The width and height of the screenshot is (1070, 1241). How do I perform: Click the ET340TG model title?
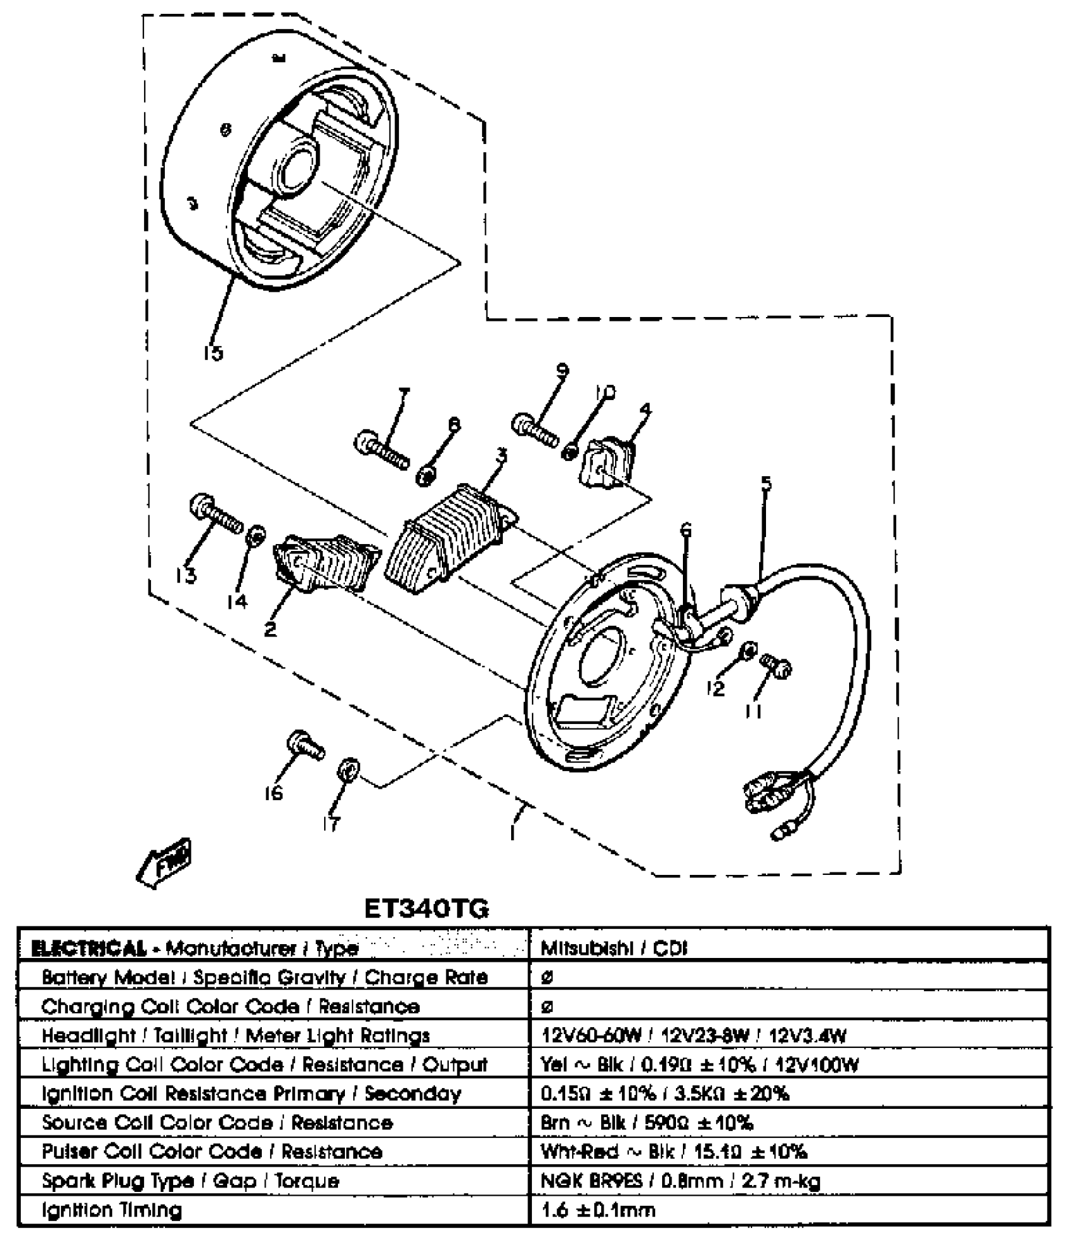tap(426, 910)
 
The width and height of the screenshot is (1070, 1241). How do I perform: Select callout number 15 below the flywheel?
tap(213, 353)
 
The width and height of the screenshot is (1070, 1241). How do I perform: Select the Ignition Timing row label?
tap(111, 1210)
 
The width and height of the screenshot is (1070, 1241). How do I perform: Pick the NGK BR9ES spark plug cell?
tap(680, 1181)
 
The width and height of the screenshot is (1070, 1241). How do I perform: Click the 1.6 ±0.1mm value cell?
tap(598, 1210)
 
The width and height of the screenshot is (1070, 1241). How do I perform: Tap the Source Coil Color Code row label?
tap(217, 1123)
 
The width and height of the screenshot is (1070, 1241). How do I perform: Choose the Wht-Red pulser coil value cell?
tap(673, 1152)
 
